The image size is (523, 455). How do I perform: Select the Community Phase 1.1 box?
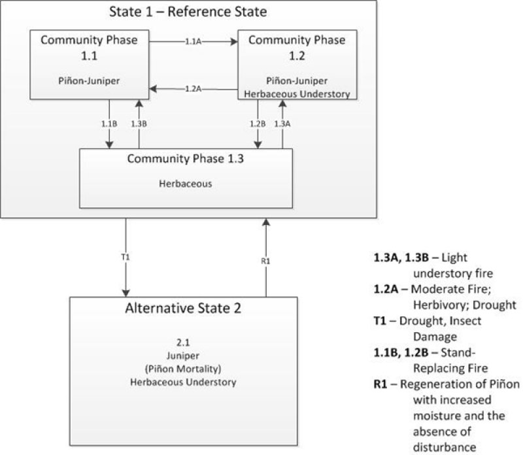(x=89, y=64)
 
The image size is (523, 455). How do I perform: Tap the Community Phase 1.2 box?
(x=297, y=64)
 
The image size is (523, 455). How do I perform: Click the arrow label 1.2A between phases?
(x=193, y=89)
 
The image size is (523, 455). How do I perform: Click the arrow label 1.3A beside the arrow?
(x=282, y=124)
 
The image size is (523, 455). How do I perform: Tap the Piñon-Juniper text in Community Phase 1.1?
(x=89, y=82)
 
